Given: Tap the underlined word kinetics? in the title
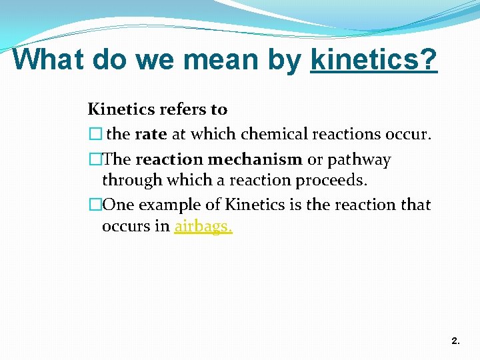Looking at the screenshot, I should pyautogui.click(x=374, y=59).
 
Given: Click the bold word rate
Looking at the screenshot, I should pyautogui.click(x=151, y=134).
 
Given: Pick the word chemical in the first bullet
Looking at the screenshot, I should pyautogui.click(x=270, y=134).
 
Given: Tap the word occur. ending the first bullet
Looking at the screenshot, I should pyautogui.click(x=409, y=134).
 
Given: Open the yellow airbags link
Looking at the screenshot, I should pyautogui.click(x=203, y=226).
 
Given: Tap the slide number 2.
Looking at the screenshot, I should pyautogui.click(x=455, y=341).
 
